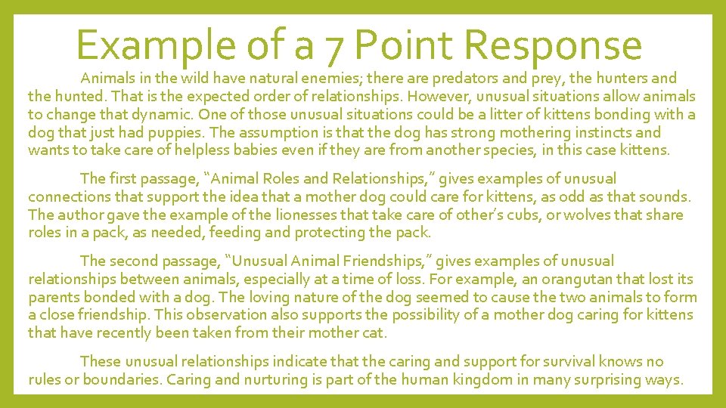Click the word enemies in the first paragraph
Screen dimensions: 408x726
pos(324,78)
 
